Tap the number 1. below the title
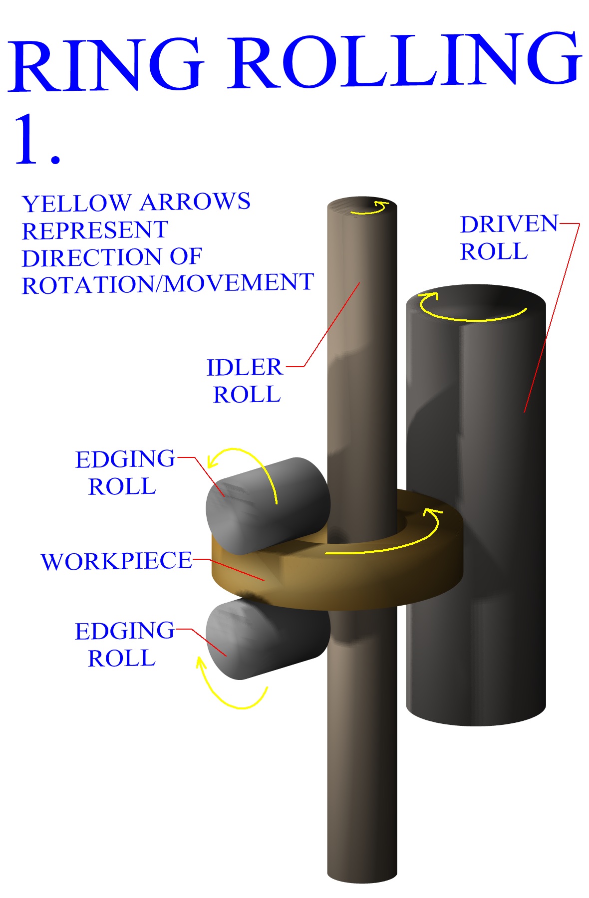37,140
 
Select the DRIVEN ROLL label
508,238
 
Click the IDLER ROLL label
245,381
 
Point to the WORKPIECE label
116,561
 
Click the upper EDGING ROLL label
125,472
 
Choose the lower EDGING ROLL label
125,644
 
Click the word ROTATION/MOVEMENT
168,284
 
